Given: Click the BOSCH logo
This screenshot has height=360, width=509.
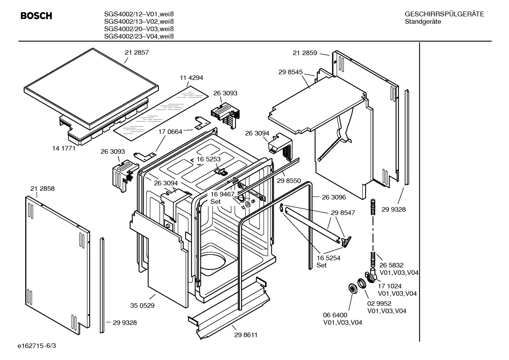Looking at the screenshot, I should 36,16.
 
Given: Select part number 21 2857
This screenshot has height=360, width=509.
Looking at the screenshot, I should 137,52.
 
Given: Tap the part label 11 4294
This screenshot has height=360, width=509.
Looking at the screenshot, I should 191,78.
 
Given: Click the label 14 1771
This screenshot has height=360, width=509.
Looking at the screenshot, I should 64,148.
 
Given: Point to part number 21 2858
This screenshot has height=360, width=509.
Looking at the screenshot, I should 42,189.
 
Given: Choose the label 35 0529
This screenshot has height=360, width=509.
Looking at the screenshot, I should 142,306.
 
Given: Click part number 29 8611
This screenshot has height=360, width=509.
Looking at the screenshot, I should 245,335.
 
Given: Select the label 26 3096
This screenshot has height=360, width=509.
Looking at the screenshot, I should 334,197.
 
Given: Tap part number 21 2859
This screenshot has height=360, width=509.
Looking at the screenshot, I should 305,53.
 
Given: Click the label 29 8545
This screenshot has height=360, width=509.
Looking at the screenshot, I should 291,72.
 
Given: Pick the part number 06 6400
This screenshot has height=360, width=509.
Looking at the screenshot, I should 335,315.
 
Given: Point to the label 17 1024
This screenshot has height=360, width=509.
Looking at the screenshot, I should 390,286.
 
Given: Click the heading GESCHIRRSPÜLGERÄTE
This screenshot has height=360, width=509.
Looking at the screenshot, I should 444,14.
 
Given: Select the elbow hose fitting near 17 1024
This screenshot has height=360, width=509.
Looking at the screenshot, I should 371,276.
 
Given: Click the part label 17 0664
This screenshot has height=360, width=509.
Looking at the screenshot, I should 170,132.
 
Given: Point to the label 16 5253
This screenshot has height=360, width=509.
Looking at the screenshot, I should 209,159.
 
